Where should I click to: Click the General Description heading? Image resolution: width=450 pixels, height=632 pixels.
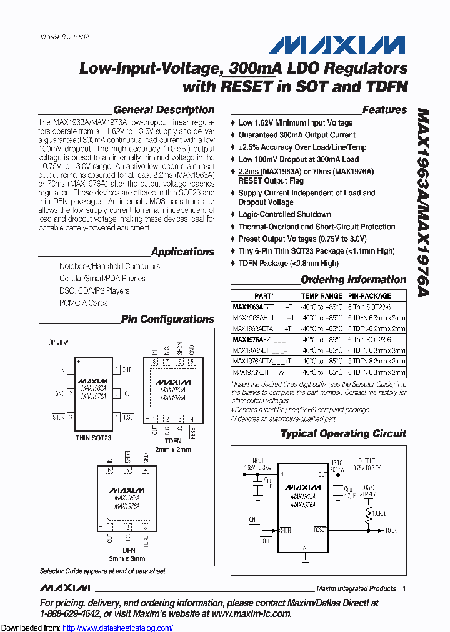(x=164, y=110)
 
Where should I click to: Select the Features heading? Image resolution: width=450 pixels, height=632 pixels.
(x=384, y=110)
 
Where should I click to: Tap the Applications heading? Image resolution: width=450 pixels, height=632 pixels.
(x=182, y=252)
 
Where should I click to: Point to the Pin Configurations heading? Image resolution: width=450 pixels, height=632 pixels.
(x=167, y=320)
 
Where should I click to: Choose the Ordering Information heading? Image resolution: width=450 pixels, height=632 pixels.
(x=353, y=280)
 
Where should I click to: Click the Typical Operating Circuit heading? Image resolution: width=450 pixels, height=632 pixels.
(x=343, y=433)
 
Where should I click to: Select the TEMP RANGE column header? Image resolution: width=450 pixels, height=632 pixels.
(x=322, y=296)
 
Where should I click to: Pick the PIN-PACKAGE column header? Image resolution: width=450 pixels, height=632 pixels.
(x=369, y=296)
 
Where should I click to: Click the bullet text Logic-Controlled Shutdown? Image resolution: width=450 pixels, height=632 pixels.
(x=284, y=214)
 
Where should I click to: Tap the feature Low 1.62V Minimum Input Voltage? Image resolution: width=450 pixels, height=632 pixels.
(x=295, y=123)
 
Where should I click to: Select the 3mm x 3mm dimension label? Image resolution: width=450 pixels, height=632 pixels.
(x=127, y=558)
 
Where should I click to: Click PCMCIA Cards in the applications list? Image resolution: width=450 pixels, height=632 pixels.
(x=83, y=303)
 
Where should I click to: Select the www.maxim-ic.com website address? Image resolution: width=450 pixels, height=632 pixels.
(x=251, y=614)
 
